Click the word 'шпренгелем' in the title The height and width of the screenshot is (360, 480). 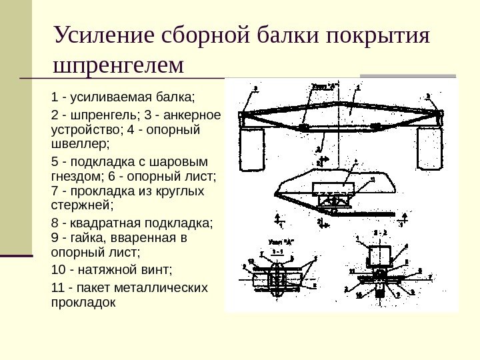click(x=120, y=65)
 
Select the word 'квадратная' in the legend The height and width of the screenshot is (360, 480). click(x=104, y=224)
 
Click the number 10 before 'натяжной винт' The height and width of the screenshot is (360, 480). click(x=58, y=270)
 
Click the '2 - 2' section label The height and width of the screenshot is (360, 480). click(x=378, y=233)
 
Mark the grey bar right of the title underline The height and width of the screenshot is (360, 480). click(x=407, y=75)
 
